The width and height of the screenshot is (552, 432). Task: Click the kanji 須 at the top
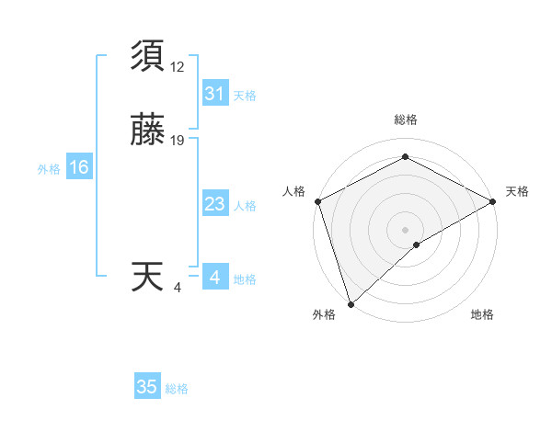(148, 57)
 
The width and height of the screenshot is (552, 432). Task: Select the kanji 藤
(148, 131)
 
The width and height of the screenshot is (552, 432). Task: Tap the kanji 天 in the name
(148, 278)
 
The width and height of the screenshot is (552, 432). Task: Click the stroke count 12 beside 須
(178, 67)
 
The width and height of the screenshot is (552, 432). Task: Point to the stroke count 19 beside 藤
(178, 141)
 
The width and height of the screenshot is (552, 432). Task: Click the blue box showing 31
(214, 94)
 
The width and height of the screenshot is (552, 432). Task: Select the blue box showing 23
(214, 204)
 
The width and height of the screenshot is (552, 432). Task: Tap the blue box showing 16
(79, 167)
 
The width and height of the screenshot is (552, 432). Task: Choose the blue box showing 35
(146, 387)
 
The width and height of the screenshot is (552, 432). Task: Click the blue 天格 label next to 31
(245, 96)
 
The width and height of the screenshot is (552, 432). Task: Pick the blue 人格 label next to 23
(245, 206)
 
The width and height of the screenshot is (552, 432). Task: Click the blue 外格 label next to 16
(49, 169)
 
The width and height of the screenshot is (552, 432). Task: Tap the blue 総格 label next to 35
(177, 389)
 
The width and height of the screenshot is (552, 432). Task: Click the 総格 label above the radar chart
(405, 119)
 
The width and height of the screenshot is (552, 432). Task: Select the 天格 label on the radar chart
(517, 191)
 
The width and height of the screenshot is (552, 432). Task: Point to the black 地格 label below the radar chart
(482, 315)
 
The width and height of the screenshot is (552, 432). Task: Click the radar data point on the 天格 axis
(493, 201)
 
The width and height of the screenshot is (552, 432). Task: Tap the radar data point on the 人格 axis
(317, 201)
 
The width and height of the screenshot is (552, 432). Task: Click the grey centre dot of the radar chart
(405, 229)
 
